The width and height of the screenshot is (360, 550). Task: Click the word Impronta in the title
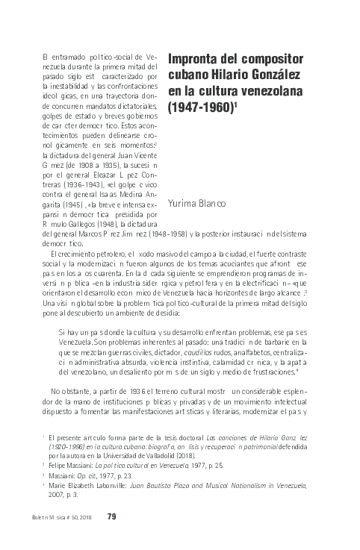[x=193, y=59]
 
